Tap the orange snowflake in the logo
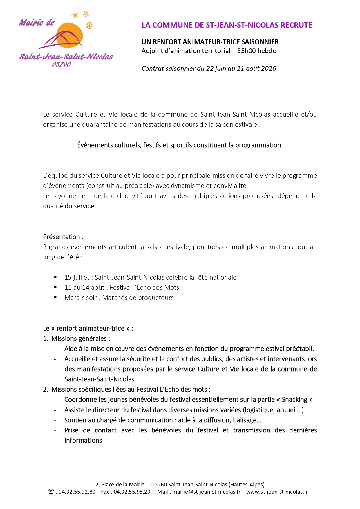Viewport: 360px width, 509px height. (x=89, y=26)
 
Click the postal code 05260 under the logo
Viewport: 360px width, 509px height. (x=61, y=64)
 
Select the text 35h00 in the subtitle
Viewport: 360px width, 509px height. (x=246, y=51)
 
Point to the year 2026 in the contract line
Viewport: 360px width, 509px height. (x=269, y=69)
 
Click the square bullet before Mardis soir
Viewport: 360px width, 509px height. (x=55, y=298)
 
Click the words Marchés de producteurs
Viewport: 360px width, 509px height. (x=138, y=298)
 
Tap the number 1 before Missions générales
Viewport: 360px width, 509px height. (x=45, y=339)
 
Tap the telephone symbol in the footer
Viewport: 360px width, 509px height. (x=51, y=492)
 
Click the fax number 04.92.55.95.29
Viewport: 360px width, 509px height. (x=132, y=492)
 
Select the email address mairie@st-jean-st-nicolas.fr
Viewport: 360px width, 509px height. (x=206, y=492)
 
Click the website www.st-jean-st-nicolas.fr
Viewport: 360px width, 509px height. (x=277, y=492)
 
